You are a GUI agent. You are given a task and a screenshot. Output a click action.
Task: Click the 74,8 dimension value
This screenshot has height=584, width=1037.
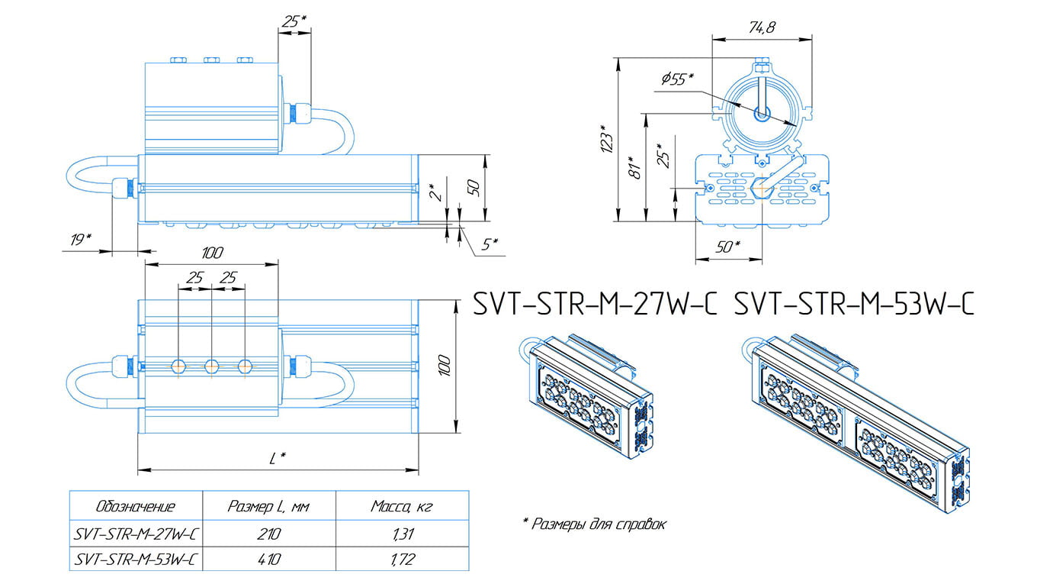point(760,27)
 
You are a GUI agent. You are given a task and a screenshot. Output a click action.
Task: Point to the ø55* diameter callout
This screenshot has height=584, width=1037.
point(677,79)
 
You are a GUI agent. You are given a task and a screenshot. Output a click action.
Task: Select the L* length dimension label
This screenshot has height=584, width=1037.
point(278,458)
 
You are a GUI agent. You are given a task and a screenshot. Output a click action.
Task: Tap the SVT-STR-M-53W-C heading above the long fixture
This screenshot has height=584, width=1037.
point(854,305)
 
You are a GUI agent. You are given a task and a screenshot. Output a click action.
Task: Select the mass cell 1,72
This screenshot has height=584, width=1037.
point(402,559)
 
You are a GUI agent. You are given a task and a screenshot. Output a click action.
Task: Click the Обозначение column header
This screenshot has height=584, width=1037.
point(136,506)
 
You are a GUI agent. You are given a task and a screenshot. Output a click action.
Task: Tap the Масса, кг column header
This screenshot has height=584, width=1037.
point(402,506)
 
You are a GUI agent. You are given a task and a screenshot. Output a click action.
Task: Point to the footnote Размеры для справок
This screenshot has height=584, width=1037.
point(595,524)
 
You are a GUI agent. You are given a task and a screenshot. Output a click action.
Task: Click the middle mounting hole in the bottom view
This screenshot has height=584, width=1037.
point(211,366)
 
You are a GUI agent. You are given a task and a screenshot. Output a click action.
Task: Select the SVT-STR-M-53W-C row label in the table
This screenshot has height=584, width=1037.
point(136,559)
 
